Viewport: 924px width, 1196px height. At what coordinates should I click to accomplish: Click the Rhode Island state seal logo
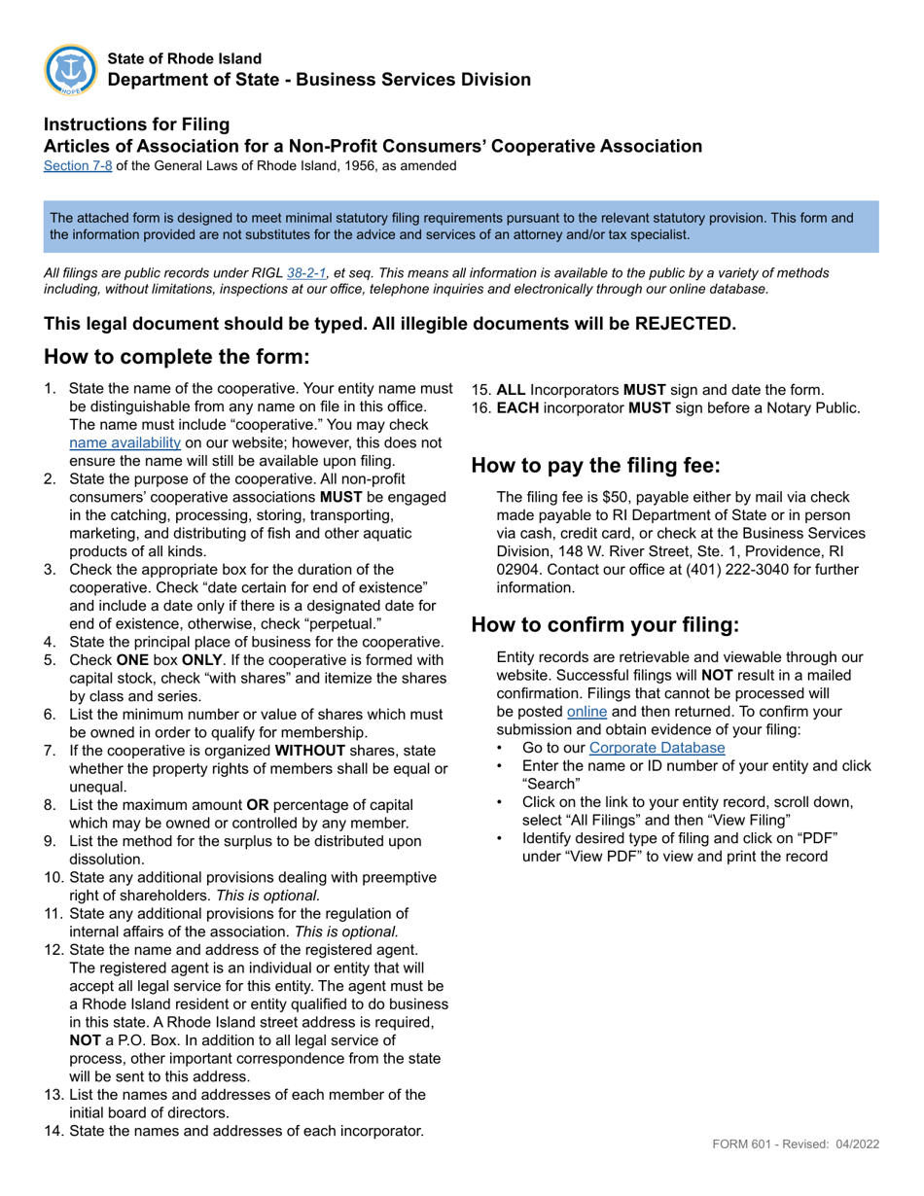coord(70,70)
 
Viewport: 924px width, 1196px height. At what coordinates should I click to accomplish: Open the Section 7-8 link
coord(78,165)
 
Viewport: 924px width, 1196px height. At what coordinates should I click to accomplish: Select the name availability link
coord(124,442)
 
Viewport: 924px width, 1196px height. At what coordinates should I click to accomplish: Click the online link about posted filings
coord(586,711)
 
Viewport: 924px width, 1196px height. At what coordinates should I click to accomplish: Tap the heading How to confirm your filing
coord(605,623)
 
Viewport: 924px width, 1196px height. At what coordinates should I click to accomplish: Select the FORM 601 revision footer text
coord(796,1143)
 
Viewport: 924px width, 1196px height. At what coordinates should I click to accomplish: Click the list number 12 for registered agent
coord(53,949)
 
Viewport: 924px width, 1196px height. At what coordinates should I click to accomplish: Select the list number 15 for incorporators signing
coord(481,389)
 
